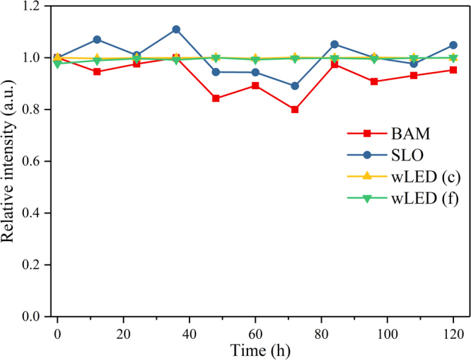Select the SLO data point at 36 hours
(x=176, y=29)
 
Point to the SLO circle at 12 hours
(x=97, y=40)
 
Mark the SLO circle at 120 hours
(x=453, y=45)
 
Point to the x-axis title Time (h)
(x=255, y=349)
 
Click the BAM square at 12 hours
(x=97, y=71)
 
